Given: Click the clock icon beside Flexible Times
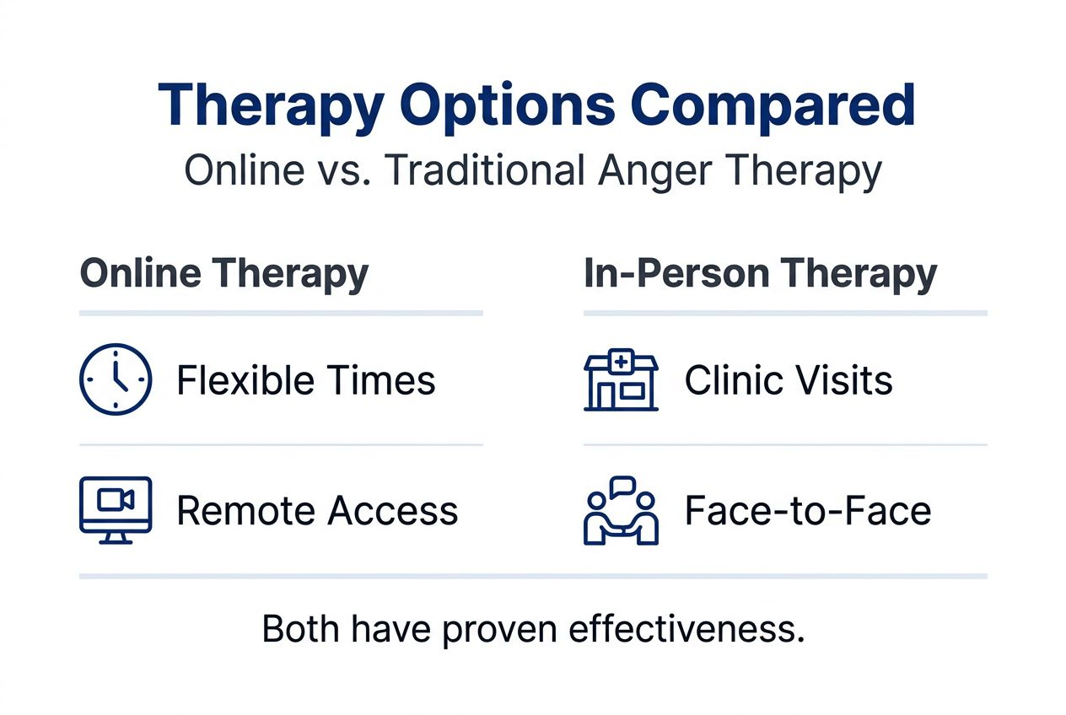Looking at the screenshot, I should pyautogui.click(x=116, y=379).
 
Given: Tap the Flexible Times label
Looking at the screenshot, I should pyautogui.click(x=305, y=380).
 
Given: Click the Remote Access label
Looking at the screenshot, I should pyautogui.click(x=317, y=511).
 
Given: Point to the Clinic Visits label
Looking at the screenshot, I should pyautogui.click(x=788, y=380).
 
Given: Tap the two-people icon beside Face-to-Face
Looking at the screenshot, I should pyautogui.click(x=621, y=511).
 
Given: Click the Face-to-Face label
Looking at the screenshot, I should pyautogui.click(x=807, y=511).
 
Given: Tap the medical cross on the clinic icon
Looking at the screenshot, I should pyautogui.click(x=622, y=362).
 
